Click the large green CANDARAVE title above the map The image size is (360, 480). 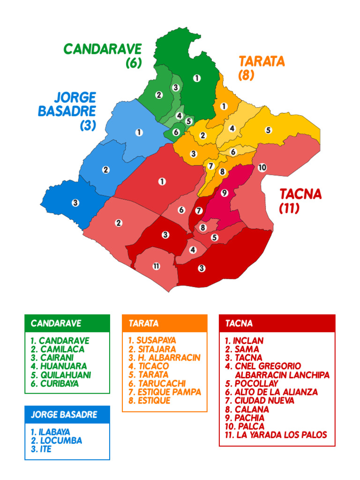coord(103,49)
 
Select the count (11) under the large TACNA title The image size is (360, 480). coord(289,208)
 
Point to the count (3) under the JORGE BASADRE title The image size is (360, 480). coord(88,126)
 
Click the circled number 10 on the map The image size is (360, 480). coord(262,167)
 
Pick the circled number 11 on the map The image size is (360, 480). coord(156,266)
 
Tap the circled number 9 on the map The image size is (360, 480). coord(224,193)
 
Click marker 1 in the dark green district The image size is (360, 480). coord(197,78)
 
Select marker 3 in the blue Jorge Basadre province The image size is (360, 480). coord(75,203)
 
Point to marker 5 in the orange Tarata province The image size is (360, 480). coord(268,130)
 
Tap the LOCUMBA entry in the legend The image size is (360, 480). coord(57,441)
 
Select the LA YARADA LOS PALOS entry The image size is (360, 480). coord(276,435)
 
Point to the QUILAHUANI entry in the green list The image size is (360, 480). coord(61,375)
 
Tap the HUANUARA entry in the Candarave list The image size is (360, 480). coord(59,366)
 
